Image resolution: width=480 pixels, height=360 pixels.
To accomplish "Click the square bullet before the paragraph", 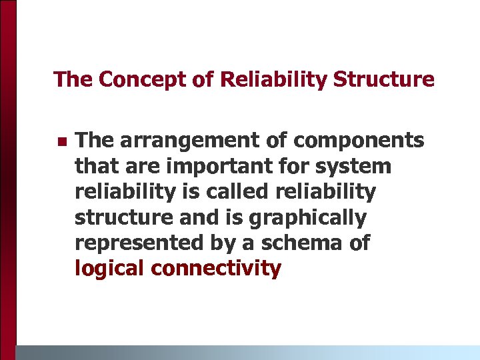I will click(x=61, y=142).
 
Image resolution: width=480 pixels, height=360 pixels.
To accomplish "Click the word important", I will click(x=201, y=166).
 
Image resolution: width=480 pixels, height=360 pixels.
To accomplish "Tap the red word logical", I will click(x=111, y=269).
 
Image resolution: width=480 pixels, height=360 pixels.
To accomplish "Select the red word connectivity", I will click(x=216, y=269).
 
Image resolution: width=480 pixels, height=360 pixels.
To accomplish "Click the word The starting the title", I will click(x=73, y=80).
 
